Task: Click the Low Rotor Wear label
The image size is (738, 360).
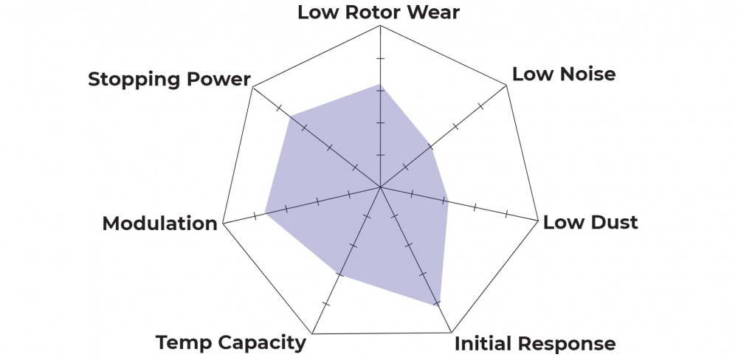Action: point(379,13)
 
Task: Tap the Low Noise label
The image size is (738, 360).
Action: point(564,74)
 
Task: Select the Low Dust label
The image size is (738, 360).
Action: point(590,222)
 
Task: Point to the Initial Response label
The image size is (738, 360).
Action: point(534,343)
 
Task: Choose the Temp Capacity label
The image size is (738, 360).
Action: point(230,342)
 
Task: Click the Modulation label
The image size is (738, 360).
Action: point(160,223)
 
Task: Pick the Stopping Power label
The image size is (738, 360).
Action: point(169,79)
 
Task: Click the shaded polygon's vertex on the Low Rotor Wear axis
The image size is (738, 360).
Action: point(379,84)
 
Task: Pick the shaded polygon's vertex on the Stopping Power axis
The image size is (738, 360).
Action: point(290,116)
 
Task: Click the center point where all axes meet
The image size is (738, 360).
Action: point(379,187)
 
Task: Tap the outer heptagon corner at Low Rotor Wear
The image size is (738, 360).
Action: point(379,26)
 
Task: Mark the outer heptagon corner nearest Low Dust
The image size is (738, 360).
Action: point(537,220)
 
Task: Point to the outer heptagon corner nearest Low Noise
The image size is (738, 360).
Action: point(507,86)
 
